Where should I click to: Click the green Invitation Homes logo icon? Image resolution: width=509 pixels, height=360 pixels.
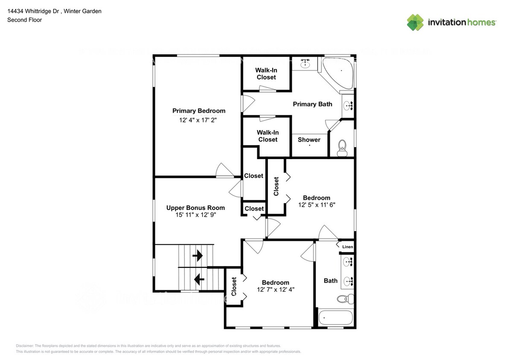415,22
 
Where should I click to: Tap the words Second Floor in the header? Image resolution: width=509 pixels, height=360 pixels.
25,20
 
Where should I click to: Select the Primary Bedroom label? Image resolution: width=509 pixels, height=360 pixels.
198,111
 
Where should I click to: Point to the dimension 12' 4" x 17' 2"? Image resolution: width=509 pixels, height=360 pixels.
198,120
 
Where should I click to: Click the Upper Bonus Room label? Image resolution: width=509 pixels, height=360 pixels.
195,208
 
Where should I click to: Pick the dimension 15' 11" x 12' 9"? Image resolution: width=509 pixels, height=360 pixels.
195,215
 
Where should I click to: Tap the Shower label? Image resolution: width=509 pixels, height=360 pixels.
309,139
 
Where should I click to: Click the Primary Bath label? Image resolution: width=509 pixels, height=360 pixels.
312,104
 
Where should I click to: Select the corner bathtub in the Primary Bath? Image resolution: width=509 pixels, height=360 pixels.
338,73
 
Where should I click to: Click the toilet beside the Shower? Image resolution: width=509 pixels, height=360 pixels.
342,149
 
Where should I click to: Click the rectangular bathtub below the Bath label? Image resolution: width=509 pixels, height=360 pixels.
336,318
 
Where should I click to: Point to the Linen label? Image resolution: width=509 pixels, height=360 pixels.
347,247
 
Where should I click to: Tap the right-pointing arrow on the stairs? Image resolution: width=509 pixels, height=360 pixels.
198,256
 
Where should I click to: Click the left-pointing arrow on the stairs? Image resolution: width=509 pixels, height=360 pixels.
199,280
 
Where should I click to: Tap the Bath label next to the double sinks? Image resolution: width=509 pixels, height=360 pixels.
330,281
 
